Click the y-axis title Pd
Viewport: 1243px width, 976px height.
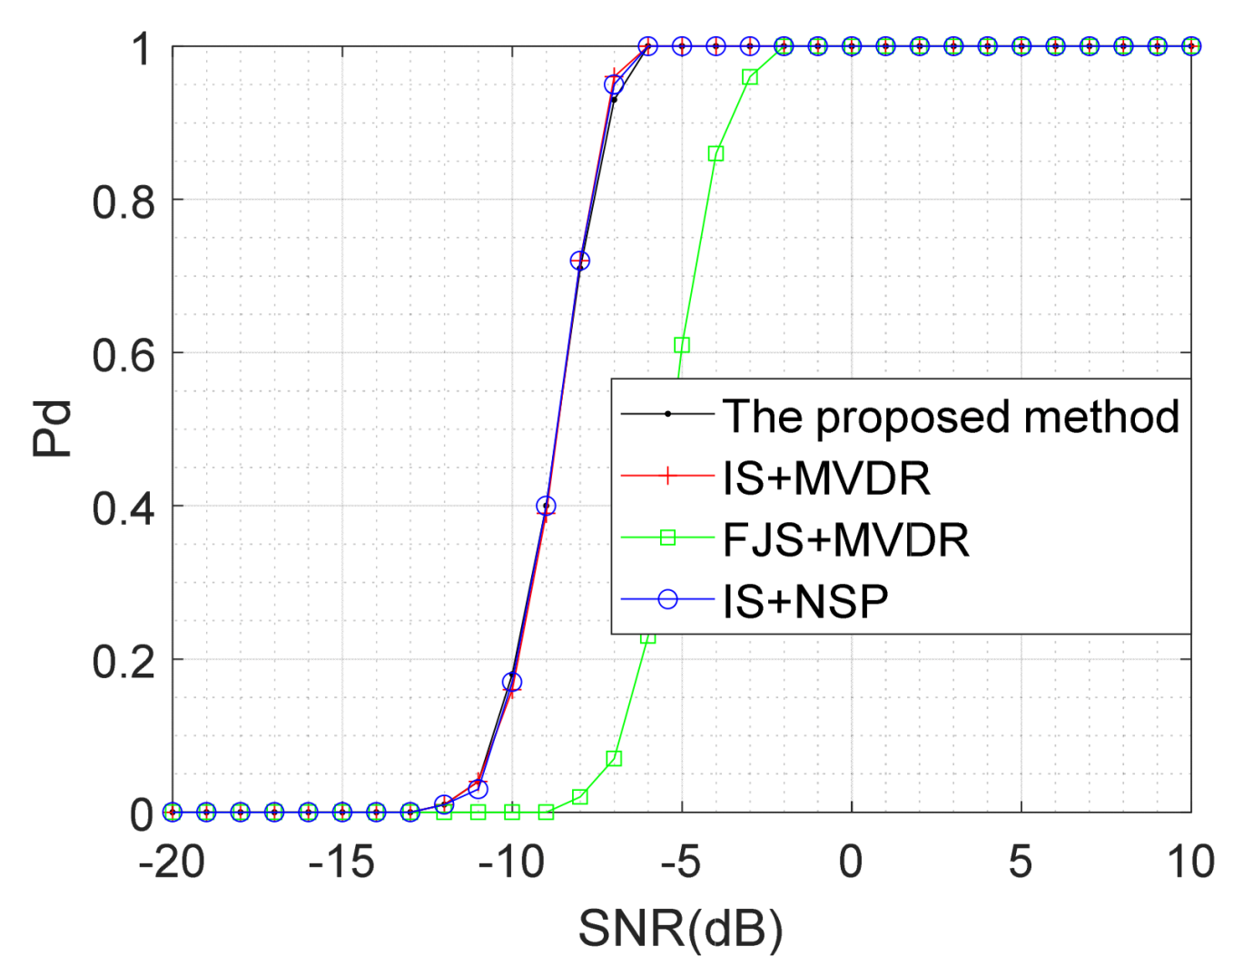52,429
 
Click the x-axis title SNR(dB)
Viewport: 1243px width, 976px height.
680,929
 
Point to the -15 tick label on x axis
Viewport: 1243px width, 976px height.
341,862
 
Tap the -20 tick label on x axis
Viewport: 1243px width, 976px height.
172,862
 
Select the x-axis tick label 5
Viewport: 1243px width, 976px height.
1021,862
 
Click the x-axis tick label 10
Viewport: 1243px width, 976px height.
1189,862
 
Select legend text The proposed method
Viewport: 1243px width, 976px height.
951,417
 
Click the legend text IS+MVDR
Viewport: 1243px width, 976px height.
826,478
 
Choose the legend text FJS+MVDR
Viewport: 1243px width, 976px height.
845,540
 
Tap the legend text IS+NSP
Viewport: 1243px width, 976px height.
805,601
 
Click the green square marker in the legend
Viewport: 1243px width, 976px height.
668,537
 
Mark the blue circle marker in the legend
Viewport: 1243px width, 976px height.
668,599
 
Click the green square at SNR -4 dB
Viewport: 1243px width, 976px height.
715,153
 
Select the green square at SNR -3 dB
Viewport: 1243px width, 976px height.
750,77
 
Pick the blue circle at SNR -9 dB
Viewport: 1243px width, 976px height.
546,506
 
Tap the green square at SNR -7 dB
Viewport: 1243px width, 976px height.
614,758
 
